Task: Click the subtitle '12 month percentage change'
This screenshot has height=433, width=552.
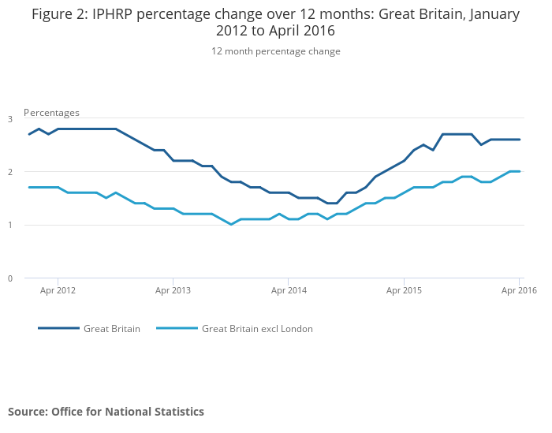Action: [275, 51]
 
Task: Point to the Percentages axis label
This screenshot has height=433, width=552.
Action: [51, 113]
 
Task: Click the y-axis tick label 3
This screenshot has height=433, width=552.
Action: [10, 119]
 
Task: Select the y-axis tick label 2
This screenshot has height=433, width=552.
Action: [10, 172]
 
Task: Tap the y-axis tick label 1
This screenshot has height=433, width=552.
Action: [10, 225]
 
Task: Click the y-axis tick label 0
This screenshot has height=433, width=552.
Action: [10, 278]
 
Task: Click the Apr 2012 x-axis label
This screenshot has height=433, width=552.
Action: [58, 290]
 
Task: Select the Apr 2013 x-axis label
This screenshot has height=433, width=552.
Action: [173, 290]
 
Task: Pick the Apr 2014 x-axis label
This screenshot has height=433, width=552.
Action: [289, 290]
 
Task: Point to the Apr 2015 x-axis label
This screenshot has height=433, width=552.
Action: [404, 290]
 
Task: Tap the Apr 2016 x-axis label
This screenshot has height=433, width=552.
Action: [519, 290]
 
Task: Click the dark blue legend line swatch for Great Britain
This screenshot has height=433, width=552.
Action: [58, 328]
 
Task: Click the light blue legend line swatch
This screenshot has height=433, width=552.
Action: [177, 328]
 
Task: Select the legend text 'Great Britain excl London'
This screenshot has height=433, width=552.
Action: [257, 329]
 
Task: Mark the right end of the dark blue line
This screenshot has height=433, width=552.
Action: [520, 140]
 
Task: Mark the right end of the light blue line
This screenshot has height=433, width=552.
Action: [520, 171]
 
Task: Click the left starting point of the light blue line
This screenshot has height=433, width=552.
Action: [29, 187]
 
